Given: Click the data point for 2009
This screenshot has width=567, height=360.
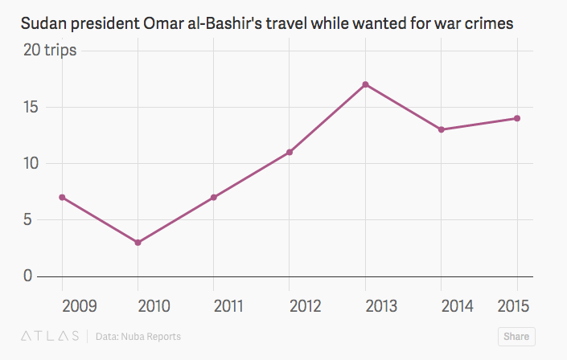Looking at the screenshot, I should click(62, 197).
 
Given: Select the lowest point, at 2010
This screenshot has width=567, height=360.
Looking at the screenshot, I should click(138, 242).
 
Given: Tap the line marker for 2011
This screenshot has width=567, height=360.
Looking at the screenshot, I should click(214, 197).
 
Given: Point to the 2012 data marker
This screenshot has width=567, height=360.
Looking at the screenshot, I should click(290, 152).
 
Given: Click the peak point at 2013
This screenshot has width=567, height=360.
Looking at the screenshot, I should click(365, 84).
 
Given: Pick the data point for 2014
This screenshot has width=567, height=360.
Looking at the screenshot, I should click(442, 129).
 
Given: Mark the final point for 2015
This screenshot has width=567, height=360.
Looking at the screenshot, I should click(517, 118).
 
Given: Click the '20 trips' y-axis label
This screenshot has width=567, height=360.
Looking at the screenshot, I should click(50, 51).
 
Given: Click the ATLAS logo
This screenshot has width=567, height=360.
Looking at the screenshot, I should click(50, 336).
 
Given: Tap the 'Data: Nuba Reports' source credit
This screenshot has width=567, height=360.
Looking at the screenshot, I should click(138, 337).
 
